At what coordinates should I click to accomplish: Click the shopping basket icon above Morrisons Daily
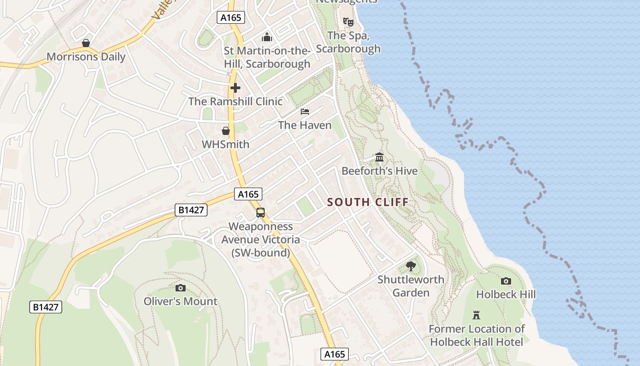click(x=86, y=43)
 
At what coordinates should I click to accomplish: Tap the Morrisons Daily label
click(x=86, y=57)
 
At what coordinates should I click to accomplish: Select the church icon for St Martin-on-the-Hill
click(x=267, y=37)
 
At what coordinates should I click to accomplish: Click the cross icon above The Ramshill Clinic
click(x=235, y=87)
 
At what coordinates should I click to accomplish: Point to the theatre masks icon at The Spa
click(x=348, y=22)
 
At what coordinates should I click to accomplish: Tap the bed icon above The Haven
click(x=305, y=111)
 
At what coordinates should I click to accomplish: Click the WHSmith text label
click(x=226, y=145)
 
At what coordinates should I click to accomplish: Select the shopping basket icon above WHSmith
click(x=226, y=131)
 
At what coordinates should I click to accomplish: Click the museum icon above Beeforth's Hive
click(x=379, y=157)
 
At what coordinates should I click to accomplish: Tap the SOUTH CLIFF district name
click(x=368, y=202)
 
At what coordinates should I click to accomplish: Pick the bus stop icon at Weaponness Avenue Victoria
click(x=261, y=213)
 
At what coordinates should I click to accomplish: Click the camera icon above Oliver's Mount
click(x=181, y=288)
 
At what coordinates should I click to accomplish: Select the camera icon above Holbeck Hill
click(x=506, y=281)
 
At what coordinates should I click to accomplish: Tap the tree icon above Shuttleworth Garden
click(x=411, y=266)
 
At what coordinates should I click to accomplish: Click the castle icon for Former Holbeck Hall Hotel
click(x=476, y=315)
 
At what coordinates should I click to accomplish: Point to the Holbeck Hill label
click(x=506, y=294)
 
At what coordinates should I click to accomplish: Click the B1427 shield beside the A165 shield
click(x=191, y=210)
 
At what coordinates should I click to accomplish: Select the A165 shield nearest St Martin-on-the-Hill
click(x=231, y=18)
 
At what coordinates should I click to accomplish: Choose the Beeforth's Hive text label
click(x=379, y=171)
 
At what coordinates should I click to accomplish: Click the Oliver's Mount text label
click(x=181, y=301)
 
